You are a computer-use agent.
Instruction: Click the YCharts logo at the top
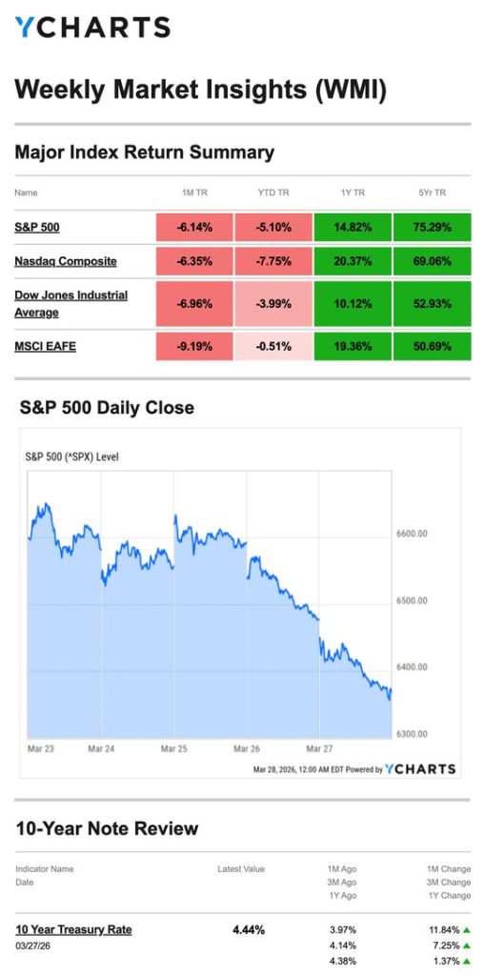(x=92, y=27)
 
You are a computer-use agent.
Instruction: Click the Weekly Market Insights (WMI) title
(x=200, y=90)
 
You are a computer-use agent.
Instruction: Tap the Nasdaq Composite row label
(x=66, y=261)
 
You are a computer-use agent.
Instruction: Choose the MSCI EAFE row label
(x=45, y=346)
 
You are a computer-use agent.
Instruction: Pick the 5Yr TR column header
(x=432, y=193)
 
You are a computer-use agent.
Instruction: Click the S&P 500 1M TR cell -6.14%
(x=195, y=228)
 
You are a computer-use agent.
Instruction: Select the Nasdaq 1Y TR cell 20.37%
(x=353, y=261)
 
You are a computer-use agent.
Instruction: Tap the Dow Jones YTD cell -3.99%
(x=273, y=304)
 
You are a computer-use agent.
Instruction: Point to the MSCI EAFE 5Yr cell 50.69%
(x=432, y=346)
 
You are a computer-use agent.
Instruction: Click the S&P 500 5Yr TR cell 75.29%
(x=432, y=228)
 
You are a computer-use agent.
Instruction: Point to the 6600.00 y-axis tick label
(x=412, y=534)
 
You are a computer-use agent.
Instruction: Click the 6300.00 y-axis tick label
(x=412, y=734)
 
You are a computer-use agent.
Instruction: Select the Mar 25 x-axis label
(x=173, y=749)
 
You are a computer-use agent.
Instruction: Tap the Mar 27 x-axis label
(x=318, y=749)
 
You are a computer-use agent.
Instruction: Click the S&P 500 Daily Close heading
(x=107, y=408)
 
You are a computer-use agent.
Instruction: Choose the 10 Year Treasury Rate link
(x=73, y=929)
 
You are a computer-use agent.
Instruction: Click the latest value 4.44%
(x=249, y=929)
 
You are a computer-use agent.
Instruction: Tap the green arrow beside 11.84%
(x=466, y=929)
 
